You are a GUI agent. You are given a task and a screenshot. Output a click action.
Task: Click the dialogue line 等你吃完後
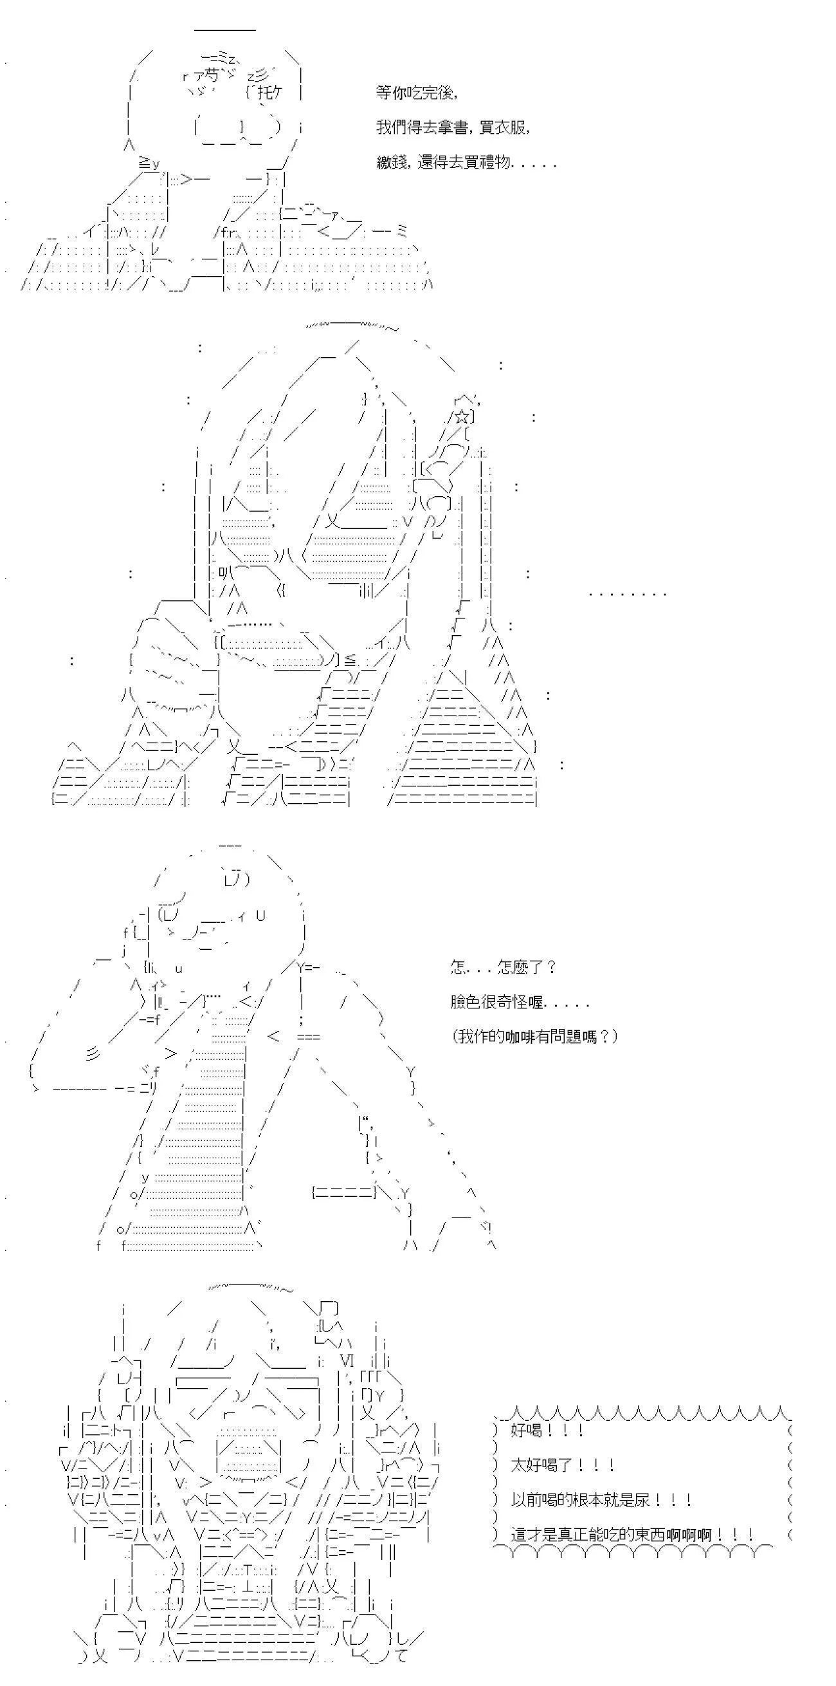pyautogui.click(x=417, y=93)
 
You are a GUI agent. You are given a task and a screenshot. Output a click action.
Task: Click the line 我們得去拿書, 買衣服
pyautogui.click(x=453, y=127)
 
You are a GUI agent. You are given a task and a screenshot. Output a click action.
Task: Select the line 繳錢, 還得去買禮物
pyautogui.click(x=466, y=162)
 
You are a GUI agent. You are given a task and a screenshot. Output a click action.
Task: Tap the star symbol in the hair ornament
pyautogui.click(x=462, y=416)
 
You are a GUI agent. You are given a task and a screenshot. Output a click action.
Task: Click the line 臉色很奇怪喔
pyautogui.click(x=520, y=1002)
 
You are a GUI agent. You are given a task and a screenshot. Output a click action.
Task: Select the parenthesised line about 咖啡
pyautogui.click(x=534, y=1037)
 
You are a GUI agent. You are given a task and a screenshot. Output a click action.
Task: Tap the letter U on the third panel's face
pyautogui.click(x=260, y=916)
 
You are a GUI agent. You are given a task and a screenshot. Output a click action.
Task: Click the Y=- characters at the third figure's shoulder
pyautogui.click(x=307, y=967)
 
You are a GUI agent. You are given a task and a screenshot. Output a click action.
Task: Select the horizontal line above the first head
pyautogui.click(x=225, y=30)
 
